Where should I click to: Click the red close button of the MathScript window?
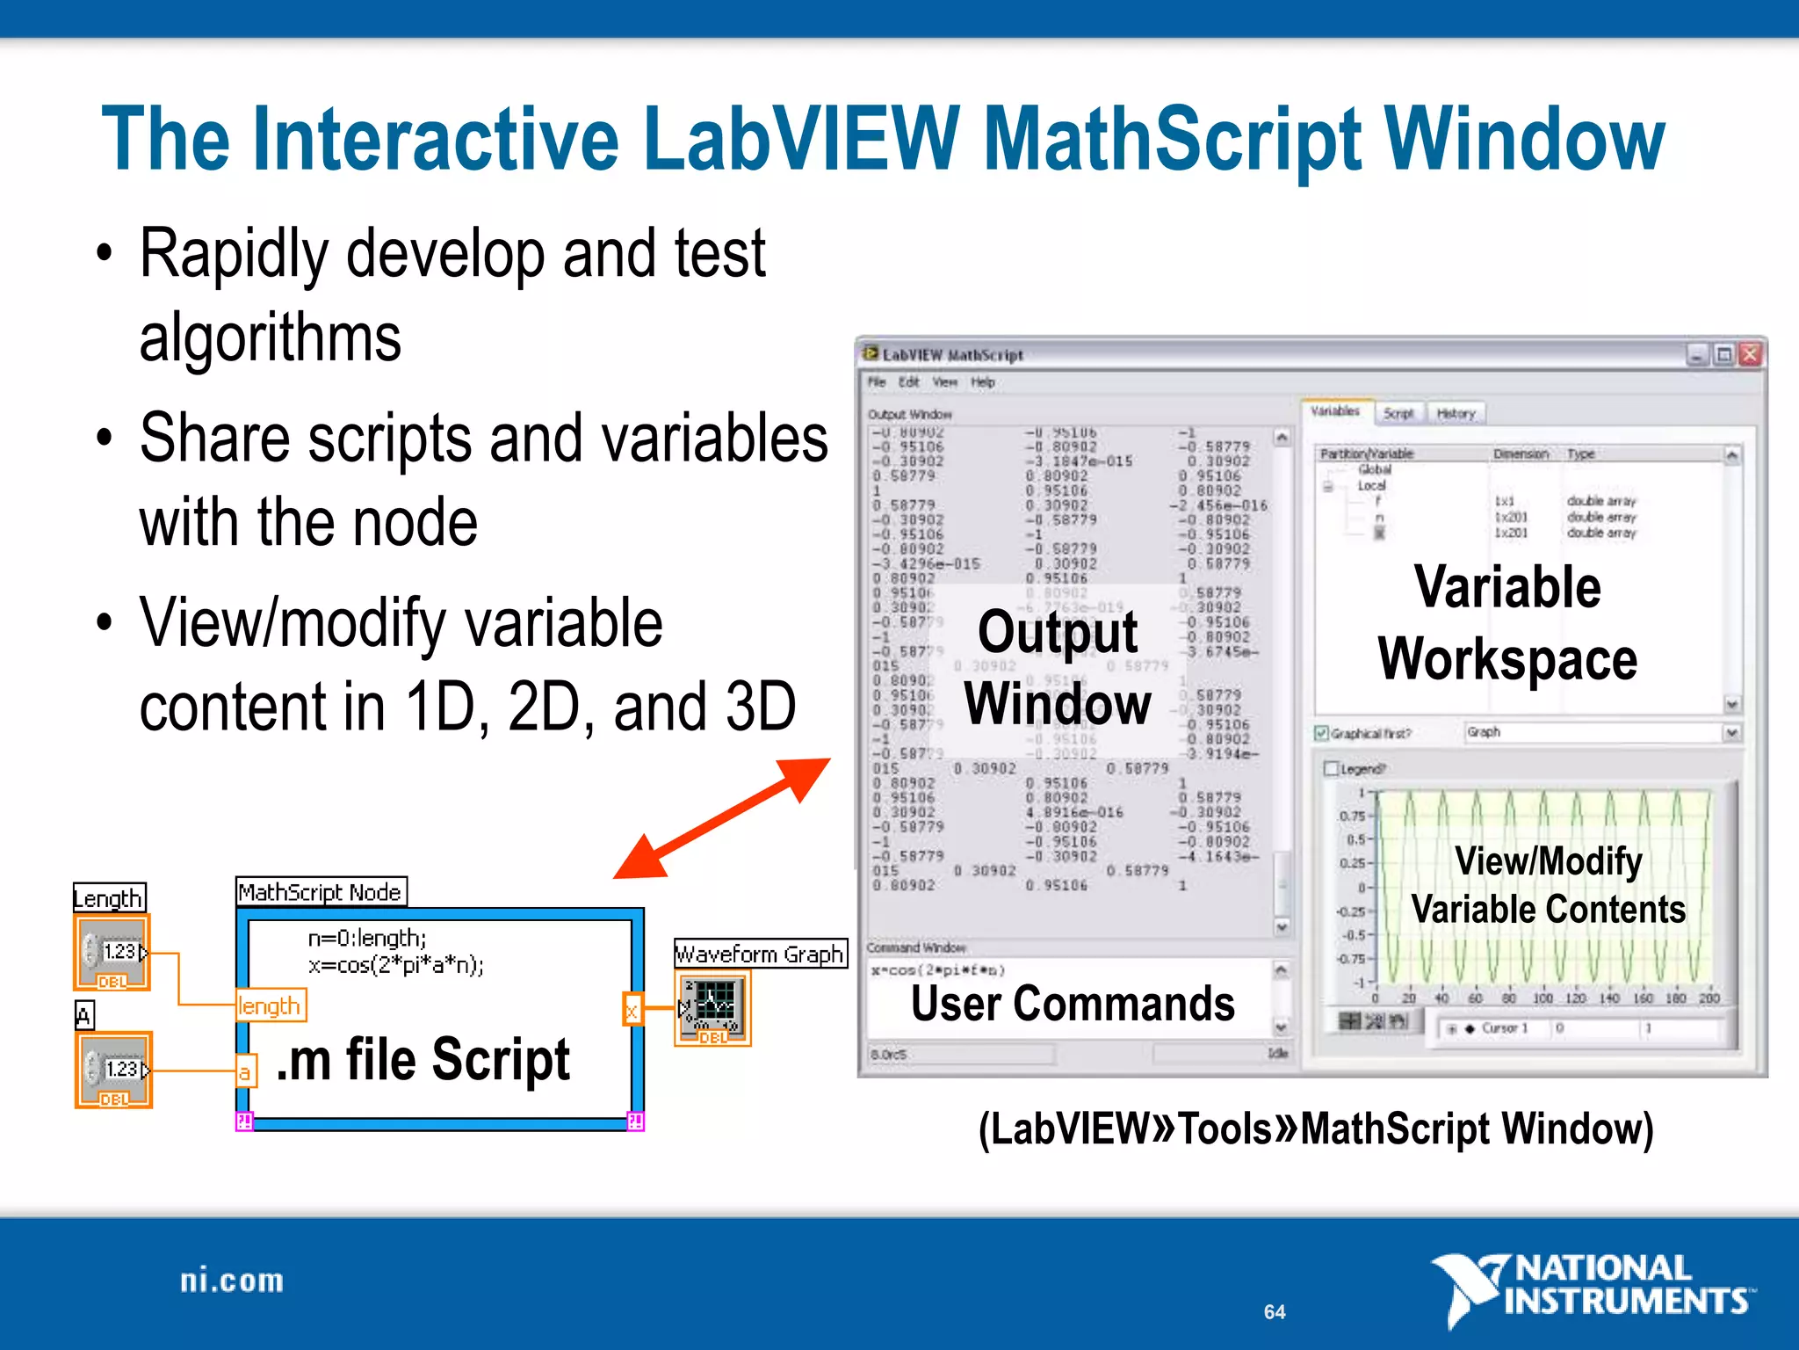point(1750,354)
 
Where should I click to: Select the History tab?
point(1456,413)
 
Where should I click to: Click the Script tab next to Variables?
point(1398,413)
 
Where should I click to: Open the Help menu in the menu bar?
point(982,382)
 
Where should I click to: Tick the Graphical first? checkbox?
point(1321,733)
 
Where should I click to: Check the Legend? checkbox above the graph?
point(1332,769)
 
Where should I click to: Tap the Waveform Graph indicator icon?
point(712,1008)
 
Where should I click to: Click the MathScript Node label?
point(321,892)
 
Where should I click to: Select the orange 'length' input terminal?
point(270,1005)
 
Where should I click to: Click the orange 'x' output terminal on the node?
point(632,1011)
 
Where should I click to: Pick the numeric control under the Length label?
point(112,953)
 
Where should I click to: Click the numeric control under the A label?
point(113,1070)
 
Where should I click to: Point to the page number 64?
point(1275,1312)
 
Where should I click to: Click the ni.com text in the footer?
point(232,1281)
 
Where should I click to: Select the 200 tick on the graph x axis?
point(1709,998)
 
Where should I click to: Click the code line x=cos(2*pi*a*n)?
point(395,965)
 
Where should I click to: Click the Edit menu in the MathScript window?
point(908,382)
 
